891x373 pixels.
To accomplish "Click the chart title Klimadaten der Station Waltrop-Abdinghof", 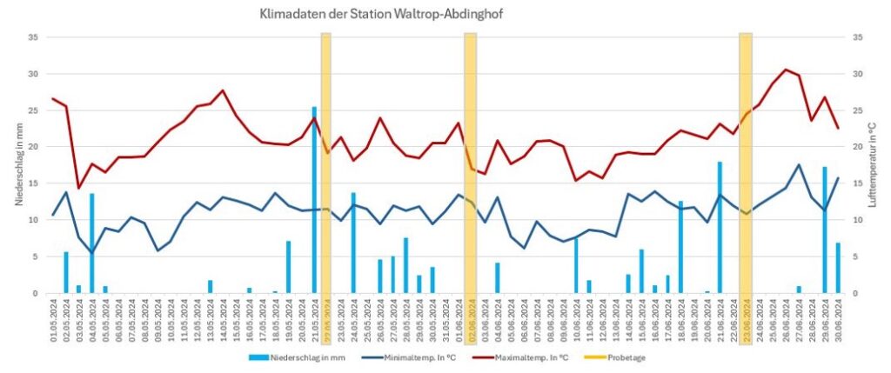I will (381, 15).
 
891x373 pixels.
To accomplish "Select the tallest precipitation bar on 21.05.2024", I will (314, 200).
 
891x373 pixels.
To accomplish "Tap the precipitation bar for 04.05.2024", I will (91, 243).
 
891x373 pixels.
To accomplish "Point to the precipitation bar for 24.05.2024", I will (353, 243).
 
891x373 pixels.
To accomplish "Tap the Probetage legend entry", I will (627, 357).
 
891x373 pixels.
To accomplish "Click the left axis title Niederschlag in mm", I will (19, 165).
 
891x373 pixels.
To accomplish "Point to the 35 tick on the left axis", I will (32, 37).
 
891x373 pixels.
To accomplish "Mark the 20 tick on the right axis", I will (857, 147).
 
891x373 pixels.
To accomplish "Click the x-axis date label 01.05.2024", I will (53, 321).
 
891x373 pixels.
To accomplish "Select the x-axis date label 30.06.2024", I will (838, 321).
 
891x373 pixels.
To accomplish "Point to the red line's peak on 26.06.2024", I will (786, 70).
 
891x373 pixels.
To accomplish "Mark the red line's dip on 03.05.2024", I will (78, 188).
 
